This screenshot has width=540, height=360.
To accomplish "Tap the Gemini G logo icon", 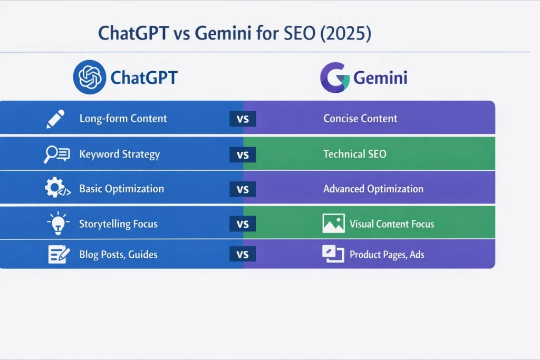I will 334,78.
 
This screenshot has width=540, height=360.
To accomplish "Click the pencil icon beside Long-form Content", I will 55,119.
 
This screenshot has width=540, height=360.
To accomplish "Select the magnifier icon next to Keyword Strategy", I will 56,154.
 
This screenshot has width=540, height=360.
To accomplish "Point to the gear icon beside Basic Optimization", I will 55,189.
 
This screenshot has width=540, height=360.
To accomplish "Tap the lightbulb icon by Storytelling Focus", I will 57,224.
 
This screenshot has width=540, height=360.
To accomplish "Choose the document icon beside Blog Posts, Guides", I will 59,255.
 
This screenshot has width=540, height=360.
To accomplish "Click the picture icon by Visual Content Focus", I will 333,223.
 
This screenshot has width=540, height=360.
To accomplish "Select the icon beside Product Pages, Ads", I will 333,254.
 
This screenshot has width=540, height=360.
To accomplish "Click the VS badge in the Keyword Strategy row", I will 243,155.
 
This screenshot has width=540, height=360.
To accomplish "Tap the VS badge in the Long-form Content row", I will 243,119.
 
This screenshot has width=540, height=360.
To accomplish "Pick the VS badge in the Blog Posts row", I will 243,255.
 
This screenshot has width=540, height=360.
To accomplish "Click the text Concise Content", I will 360,119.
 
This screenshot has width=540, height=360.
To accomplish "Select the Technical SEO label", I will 354,154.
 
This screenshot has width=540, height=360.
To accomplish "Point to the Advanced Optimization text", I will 373,189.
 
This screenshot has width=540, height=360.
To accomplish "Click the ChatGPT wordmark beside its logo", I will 144,78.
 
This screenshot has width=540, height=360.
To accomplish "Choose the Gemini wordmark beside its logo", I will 380,78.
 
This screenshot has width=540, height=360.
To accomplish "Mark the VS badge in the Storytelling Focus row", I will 243,224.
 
